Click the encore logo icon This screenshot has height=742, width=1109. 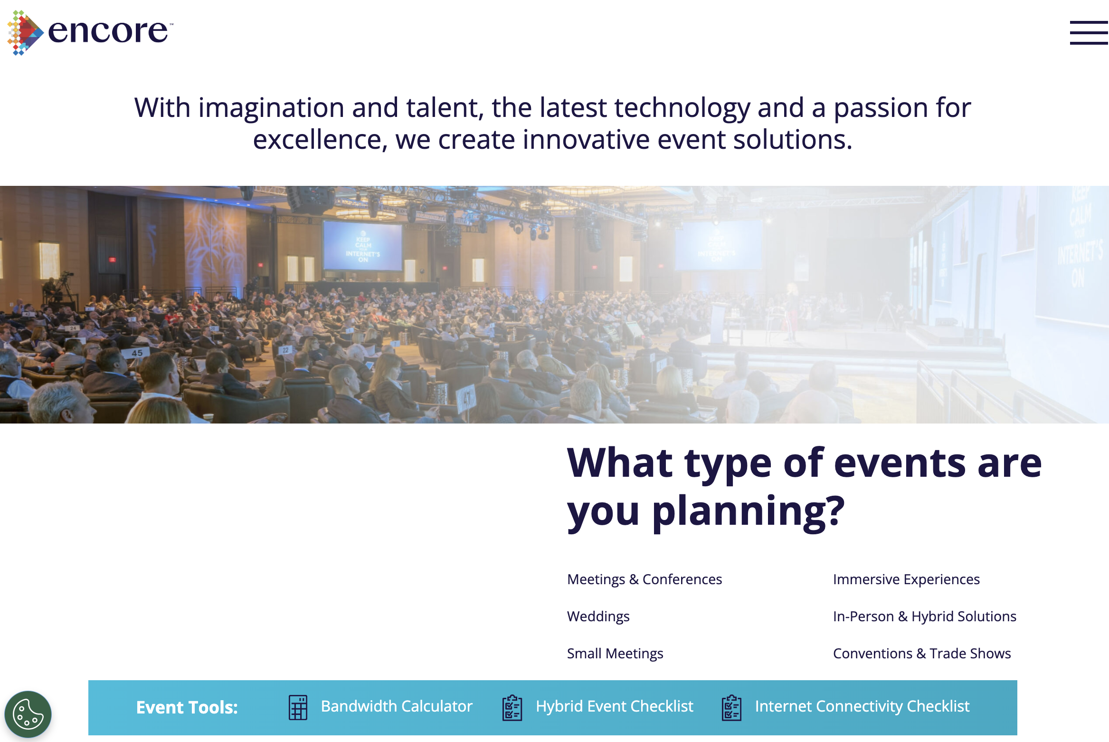[25, 33]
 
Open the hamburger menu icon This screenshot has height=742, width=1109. [1089, 33]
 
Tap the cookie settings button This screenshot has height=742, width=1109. [28, 714]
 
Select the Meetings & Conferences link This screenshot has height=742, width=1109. [645, 579]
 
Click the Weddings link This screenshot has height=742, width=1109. [598, 617]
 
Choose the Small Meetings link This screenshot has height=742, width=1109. [615, 654]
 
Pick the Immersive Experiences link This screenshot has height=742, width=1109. [906, 579]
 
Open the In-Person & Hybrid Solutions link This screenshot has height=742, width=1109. [925, 617]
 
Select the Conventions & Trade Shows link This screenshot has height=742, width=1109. [922, 654]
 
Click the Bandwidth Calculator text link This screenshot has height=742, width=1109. [397, 706]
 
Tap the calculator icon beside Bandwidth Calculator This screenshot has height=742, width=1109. [298, 707]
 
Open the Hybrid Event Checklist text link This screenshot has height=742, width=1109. [615, 706]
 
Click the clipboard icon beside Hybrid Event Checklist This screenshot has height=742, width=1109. [512, 707]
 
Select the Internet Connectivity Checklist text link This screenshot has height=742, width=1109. [862, 706]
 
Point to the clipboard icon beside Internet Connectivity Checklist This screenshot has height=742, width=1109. [732, 707]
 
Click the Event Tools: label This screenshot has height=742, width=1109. [187, 707]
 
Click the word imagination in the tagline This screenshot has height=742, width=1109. [271, 108]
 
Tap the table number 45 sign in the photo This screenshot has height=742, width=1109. [137, 353]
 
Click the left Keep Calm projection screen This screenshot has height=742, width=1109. [363, 247]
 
